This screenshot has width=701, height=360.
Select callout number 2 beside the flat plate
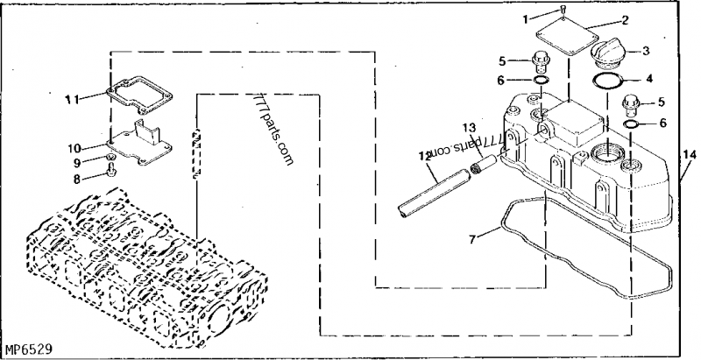tap(625, 19)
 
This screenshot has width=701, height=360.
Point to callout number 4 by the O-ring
tap(649, 78)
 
